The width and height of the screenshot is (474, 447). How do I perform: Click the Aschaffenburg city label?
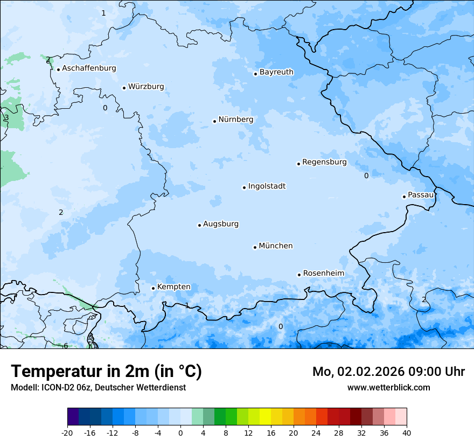click(89, 68)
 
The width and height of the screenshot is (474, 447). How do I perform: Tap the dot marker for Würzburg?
click(124, 87)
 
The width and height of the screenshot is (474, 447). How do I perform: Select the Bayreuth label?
click(276, 72)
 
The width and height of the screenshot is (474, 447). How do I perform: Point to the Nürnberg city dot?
click(214, 121)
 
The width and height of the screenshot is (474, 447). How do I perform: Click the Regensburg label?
click(324, 162)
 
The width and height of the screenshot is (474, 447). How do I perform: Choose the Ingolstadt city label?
click(267, 186)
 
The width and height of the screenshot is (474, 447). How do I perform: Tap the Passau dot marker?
click(404, 197)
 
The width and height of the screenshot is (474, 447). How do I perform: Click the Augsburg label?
click(221, 224)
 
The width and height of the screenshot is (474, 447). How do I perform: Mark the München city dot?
click(255, 247)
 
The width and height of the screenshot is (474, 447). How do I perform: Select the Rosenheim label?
click(323, 274)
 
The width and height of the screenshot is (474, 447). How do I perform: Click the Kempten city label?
click(173, 287)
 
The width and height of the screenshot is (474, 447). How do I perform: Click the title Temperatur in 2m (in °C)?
click(106, 372)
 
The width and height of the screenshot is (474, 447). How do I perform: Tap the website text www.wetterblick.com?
click(388, 387)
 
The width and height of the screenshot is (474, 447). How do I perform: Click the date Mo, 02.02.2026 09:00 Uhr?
click(388, 372)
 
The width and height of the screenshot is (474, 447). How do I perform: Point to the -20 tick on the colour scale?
click(67, 432)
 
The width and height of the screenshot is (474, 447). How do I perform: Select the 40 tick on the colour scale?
click(407, 432)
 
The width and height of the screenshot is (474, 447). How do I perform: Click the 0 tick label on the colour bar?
click(180, 432)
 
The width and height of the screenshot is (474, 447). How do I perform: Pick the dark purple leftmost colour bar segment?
click(73, 417)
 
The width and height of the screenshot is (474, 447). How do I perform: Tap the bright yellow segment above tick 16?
click(265, 417)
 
